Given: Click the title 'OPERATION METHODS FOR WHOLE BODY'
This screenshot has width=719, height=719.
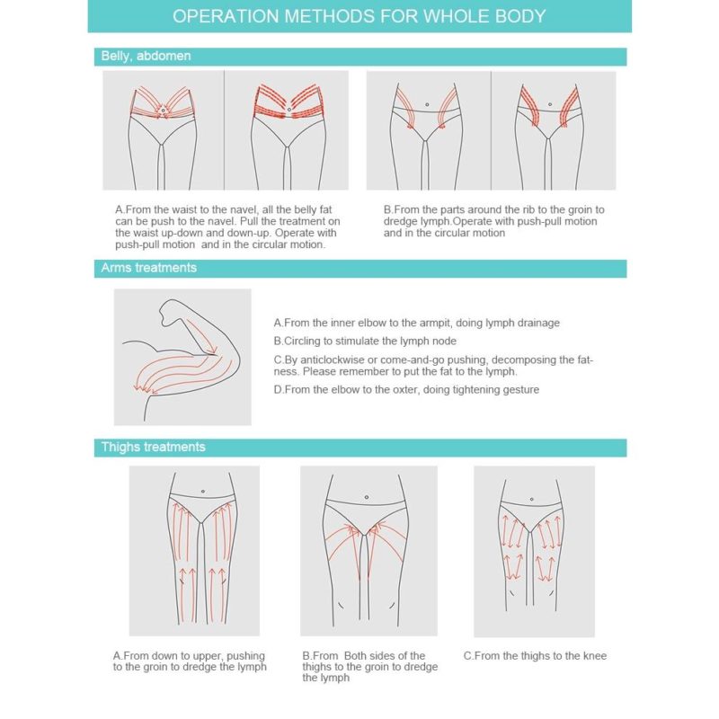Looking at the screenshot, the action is pyautogui.click(x=359, y=16).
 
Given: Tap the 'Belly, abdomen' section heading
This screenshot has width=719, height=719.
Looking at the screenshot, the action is pyautogui.click(x=146, y=56).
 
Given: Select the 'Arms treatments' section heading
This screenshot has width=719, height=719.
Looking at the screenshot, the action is pyautogui.click(x=148, y=268).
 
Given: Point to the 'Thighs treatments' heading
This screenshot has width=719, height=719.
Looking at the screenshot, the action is pyautogui.click(x=153, y=447).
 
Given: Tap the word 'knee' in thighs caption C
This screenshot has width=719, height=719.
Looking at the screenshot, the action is pyautogui.click(x=595, y=656).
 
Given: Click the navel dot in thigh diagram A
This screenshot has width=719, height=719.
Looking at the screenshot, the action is pyautogui.click(x=203, y=492).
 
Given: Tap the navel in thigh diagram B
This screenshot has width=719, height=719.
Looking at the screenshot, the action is pyautogui.click(x=367, y=497).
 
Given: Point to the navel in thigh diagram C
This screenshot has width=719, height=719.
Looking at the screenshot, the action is pyautogui.click(x=531, y=499).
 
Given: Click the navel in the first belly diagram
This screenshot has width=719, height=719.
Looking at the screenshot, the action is pyautogui.click(x=163, y=110).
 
